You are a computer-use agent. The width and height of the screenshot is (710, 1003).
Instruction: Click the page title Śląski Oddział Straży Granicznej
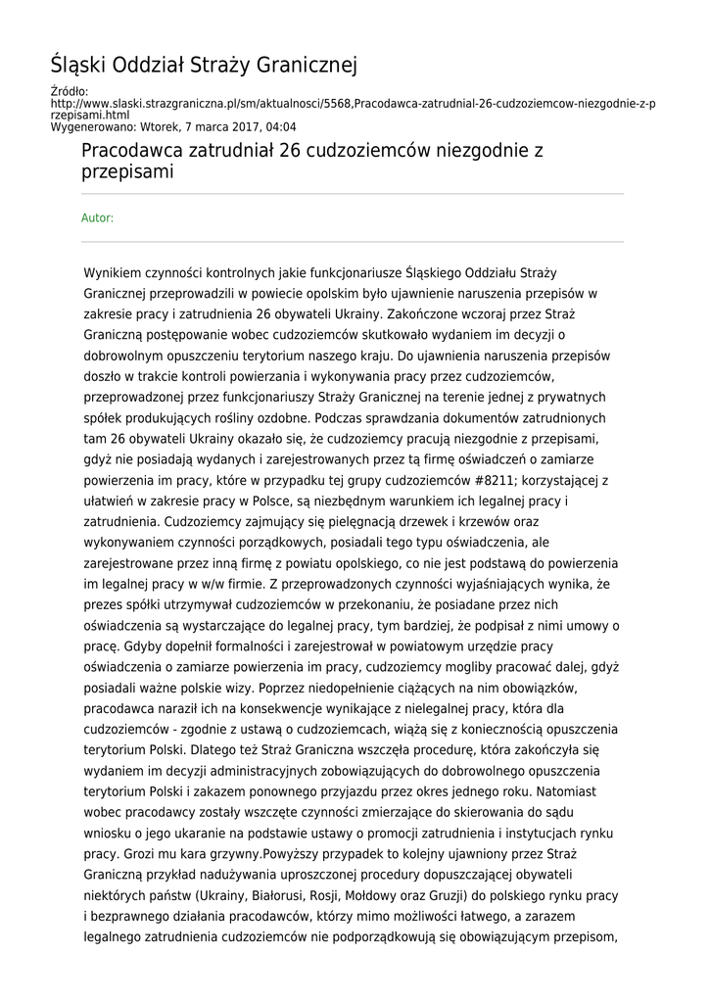(x=204, y=66)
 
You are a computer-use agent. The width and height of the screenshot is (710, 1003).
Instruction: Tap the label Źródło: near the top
(x=69, y=92)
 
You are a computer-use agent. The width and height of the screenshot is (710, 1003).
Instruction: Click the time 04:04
(x=280, y=126)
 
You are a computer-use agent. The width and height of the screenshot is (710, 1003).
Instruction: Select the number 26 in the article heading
(x=291, y=152)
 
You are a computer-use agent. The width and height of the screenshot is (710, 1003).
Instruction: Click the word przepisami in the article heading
(x=127, y=173)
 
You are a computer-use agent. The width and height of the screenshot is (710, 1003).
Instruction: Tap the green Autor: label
(x=97, y=217)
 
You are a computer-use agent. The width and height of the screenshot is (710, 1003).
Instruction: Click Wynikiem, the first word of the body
(x=115, y=272)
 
